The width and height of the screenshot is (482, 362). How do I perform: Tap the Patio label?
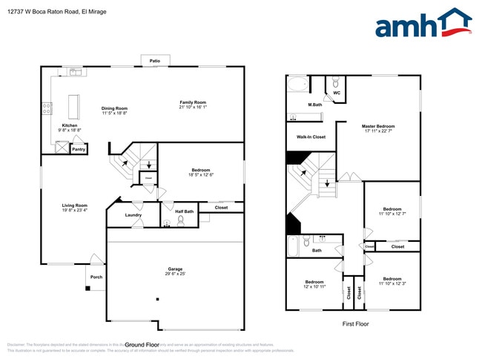point(154,61)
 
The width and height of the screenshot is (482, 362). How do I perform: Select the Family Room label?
point(192,102)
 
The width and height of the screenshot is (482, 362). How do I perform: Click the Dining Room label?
point(114,109)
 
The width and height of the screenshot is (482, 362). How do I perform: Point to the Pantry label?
point(78,149)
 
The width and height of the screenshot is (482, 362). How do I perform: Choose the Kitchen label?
point(70,125)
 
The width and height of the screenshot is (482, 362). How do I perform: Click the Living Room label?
point(74,205)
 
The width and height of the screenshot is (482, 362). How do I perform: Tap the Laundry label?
point(133,215)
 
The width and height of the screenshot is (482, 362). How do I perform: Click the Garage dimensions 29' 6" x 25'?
point(175,274)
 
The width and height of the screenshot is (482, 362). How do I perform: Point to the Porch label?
point(96,277)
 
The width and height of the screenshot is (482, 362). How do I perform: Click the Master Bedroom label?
point(378,126)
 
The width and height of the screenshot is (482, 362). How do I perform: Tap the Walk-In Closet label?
point(311,137)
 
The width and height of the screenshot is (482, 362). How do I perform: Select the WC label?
point(337,93)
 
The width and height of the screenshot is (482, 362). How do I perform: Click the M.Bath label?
point(314,105)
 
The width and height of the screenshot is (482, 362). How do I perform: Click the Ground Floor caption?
point(142,345)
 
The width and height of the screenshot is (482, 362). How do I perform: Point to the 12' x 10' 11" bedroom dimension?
point(314,286)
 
